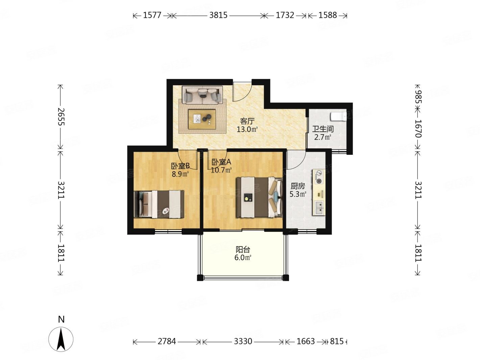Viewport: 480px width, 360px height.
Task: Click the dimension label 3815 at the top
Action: click(x=218, y=15)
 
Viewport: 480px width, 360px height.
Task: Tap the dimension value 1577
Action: click(x=152, y=15)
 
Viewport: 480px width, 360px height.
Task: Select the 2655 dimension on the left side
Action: click(x=61, y=117)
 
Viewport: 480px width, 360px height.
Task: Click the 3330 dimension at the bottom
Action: click(x=243, y=341)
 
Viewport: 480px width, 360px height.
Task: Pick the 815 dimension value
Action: click(x=337, y=341)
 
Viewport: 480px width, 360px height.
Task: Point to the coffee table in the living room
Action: click(x=202, y=119)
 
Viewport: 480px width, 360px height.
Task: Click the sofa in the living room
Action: click(x=202, y=95)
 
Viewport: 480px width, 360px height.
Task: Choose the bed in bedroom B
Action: click(x=159, y=204)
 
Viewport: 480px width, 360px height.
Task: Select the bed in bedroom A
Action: click(x=259, y=197)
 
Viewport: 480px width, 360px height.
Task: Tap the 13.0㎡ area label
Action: click(x=247, y=129)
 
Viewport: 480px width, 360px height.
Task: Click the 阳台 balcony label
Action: click(x=243, y=249)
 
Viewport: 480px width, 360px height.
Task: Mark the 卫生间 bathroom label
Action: click(x=322, y=129)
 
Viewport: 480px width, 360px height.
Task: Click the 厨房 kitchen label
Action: click(x=297, y=186)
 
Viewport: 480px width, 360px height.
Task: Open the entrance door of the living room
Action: click(x=242, y=92)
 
